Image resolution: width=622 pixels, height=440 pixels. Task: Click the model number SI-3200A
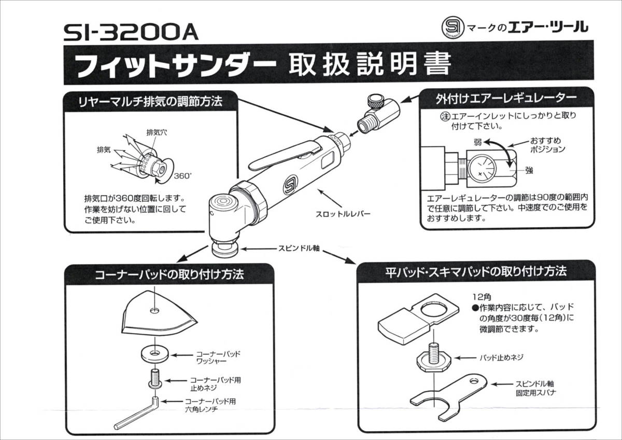point(131,33)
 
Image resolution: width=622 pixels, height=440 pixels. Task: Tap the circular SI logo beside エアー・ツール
point(453,27)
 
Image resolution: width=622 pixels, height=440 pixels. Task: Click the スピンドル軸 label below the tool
point(299,248)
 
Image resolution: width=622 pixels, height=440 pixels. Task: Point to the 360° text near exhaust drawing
point(182,176)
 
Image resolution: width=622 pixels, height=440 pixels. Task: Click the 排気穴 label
point(157,133)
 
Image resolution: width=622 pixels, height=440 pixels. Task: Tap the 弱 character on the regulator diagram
point(477,143)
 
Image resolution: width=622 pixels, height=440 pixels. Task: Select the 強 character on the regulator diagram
point(529,170)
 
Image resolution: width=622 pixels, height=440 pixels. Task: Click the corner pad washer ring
point(154,354)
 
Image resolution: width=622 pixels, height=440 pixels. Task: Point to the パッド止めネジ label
point(502,357)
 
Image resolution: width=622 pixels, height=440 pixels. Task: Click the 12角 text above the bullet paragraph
point(482,297)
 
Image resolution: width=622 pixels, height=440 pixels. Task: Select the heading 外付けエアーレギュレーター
point(506,99)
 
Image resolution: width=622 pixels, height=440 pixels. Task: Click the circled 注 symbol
point(446,116)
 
